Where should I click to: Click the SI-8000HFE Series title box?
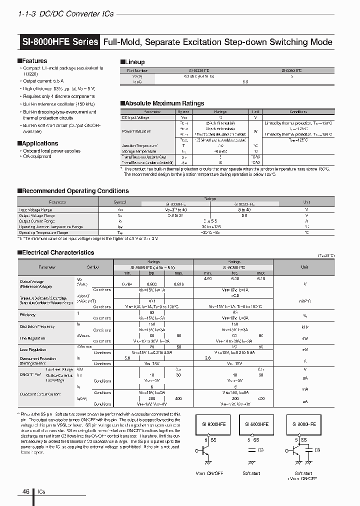coord(60,42)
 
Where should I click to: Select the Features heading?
coord(34,61)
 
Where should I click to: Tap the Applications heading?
coord(39,143)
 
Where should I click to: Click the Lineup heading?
coord(134,62)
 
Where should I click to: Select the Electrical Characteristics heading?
coord(57,253)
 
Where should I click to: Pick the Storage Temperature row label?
coord(139,151)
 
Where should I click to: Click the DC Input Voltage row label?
coord(136,118)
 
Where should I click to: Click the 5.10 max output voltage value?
coord(260,278)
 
